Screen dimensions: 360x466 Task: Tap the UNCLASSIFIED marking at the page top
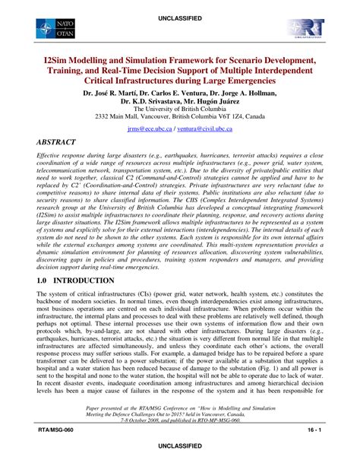pos(179,7)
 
